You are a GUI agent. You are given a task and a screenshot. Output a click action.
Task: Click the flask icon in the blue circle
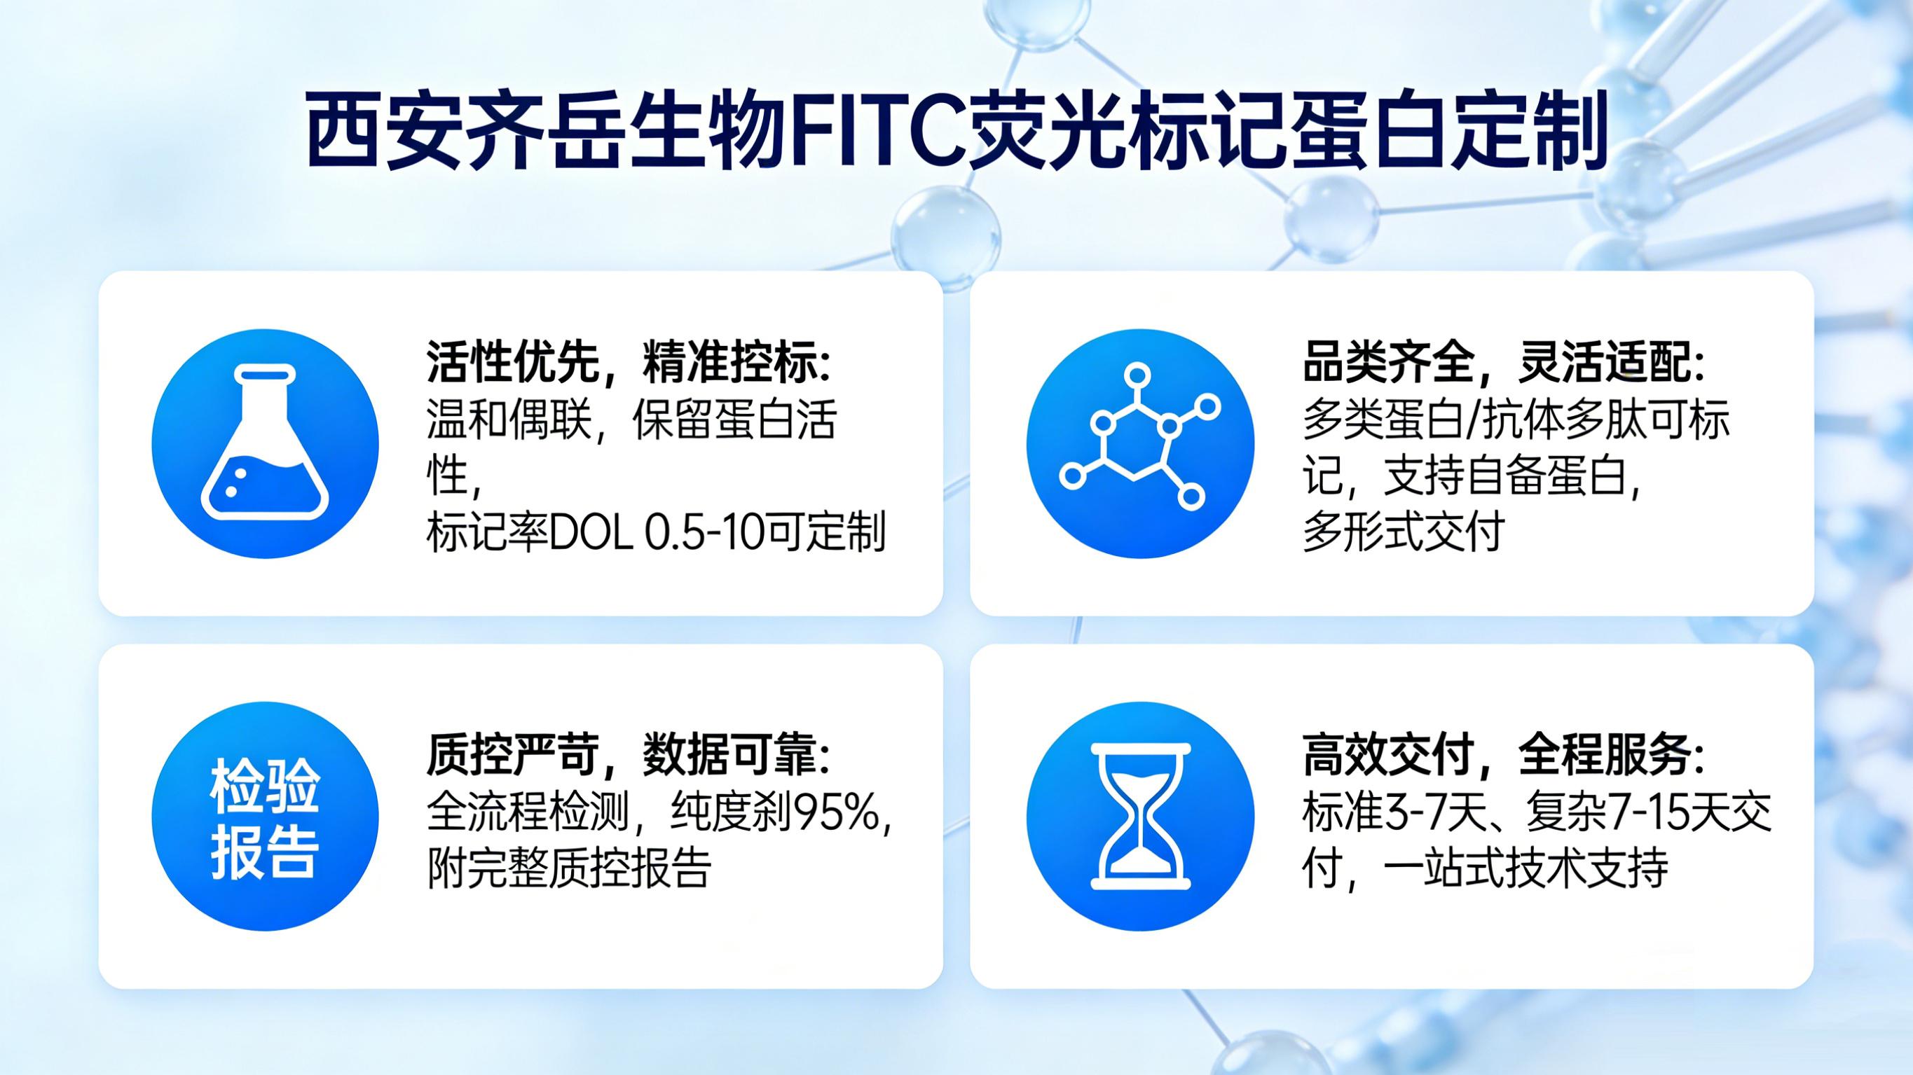(x=265, y=443)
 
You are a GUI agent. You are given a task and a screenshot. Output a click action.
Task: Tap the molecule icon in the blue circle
(x=1140, y=443)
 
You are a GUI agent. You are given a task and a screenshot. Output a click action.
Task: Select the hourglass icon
(x=1140, y=816)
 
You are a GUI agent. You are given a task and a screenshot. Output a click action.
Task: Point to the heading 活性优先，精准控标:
(x=629, y=362)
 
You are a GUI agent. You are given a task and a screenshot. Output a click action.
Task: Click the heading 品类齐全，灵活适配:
(x=1503, y=362)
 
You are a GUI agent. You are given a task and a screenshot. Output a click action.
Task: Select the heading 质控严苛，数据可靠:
(x=629, y=755)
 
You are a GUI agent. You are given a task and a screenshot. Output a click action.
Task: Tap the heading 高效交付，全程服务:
(x=1503, y=755)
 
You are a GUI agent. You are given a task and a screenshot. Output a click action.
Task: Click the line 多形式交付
(x=1403, y=532)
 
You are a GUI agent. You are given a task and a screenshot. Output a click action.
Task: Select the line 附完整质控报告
(x=569, y=868)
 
